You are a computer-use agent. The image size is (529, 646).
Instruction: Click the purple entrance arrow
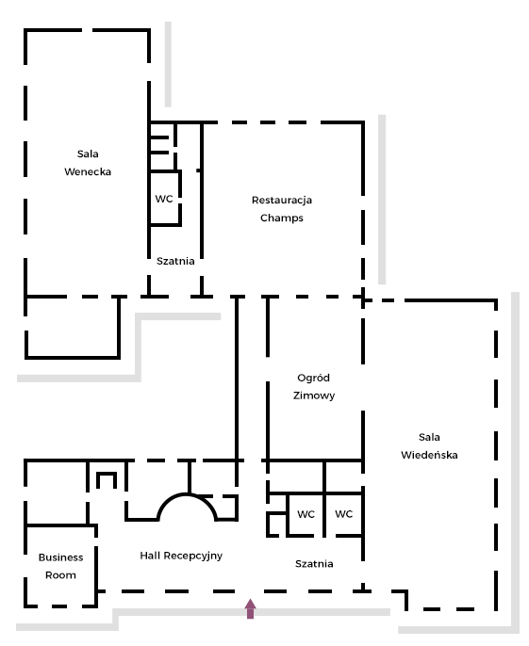(251, 608)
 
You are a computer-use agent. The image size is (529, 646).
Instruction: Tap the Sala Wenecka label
(88, 163)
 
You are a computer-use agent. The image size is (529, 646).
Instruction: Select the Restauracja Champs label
(282, 209)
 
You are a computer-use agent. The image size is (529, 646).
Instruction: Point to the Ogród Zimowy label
(314, 387)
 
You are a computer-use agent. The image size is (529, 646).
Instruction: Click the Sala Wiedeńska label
(429, 446)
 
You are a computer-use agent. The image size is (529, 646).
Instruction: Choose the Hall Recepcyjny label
(181, 556)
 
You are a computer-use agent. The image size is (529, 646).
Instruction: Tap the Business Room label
(60, 566)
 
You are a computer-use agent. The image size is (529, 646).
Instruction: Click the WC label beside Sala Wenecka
(164, 199)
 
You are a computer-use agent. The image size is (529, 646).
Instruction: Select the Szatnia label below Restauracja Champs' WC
(175, 261)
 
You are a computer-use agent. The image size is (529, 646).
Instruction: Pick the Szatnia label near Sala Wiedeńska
(314, 563)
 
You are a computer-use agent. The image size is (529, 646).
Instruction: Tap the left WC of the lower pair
(306, 514)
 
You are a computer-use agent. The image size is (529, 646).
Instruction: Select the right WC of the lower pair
(344, 514)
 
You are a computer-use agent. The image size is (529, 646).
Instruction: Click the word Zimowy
(314, 396)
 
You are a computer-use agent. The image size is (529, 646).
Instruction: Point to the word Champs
(282, 218)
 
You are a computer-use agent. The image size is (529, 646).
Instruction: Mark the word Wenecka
(88, 171)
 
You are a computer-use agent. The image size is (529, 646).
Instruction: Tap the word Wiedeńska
(429, 455)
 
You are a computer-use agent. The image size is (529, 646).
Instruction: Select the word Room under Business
(60, 575)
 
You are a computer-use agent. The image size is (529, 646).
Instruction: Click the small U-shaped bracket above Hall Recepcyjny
(107, 480)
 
